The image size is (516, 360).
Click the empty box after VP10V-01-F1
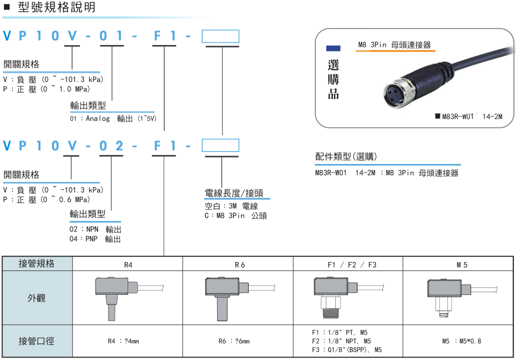220,36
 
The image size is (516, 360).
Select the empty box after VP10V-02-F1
220,145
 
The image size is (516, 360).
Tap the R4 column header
128,264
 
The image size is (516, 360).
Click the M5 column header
461,264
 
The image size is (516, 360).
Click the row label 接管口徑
37,341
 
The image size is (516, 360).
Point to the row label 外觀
37,298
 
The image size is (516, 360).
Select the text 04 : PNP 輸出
95,239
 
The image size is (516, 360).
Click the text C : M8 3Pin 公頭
236,215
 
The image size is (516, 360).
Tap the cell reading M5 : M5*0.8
461,341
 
